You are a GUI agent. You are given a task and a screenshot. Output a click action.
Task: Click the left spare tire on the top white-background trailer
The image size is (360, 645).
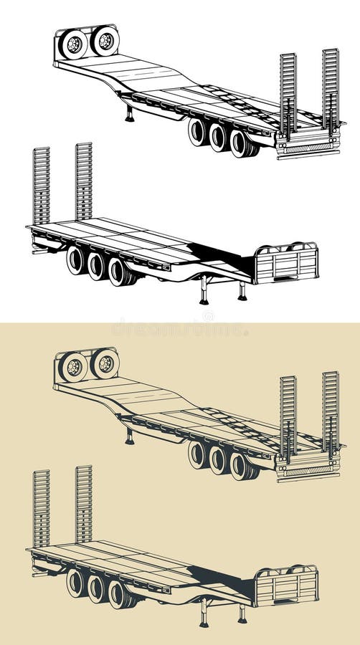click(73, 44)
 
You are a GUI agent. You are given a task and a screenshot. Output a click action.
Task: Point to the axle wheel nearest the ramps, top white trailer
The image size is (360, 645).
click(240, 143)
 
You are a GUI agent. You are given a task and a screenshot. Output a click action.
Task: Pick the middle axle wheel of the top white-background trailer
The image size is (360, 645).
click(219, 138)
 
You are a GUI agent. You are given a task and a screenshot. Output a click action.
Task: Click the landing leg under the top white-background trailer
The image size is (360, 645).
click(130, 114)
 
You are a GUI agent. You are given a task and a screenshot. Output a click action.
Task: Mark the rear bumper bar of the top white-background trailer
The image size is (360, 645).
click(308, 153)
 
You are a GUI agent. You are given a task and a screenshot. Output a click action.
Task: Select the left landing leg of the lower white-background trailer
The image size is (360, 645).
click(204, 290)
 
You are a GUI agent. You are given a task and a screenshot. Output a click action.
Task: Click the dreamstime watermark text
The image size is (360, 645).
click(179, 329)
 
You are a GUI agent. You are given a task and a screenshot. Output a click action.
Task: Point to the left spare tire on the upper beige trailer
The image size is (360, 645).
click(73, 368)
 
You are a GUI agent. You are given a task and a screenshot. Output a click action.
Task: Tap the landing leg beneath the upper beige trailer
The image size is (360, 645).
click(130, 436)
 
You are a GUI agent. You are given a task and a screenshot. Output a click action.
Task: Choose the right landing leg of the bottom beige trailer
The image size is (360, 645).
click(242, 613)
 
